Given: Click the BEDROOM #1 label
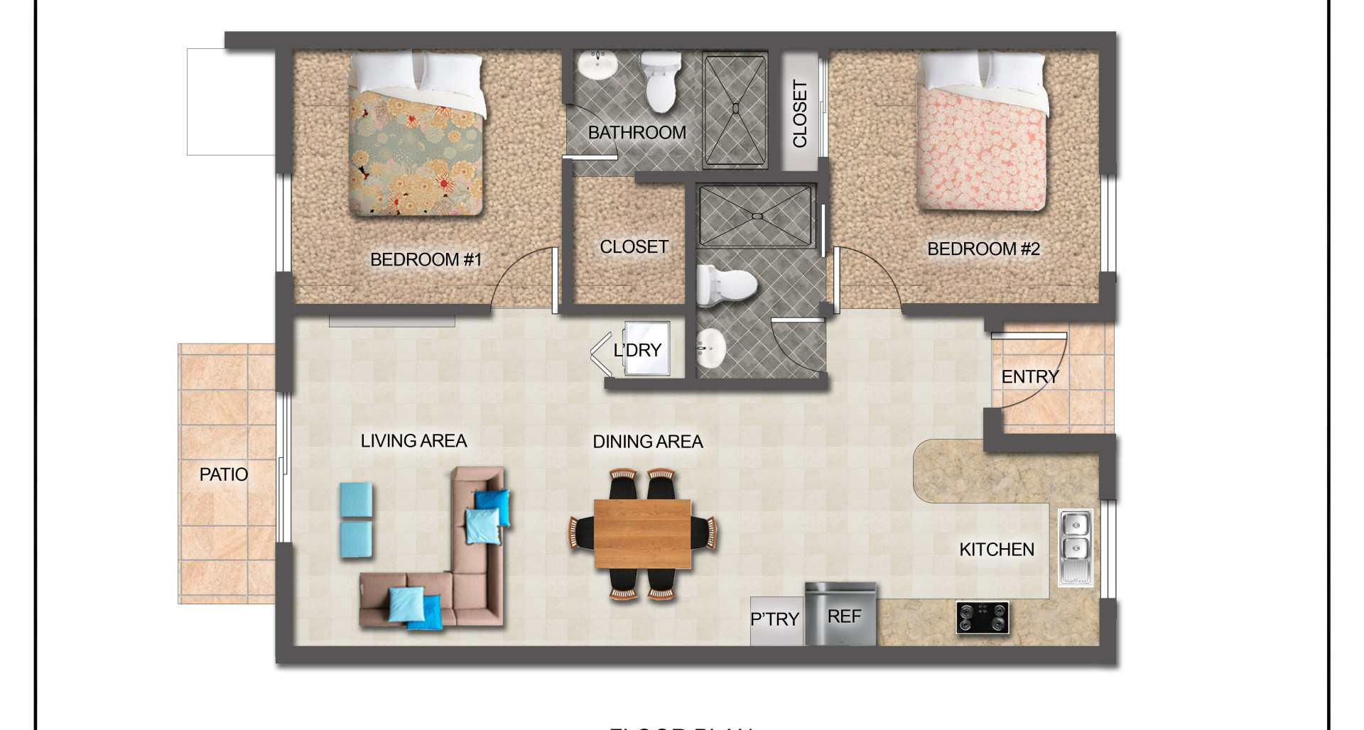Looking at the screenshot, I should (x=426, y=260).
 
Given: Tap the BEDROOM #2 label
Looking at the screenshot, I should (x=983, y=249).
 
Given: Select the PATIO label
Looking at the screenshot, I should (x=224, y=474).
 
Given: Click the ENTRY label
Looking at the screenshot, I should (x=1029, y=377).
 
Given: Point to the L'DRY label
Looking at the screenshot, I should (x=637, y=350).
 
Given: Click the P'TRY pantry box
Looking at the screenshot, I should (x=775, y=620).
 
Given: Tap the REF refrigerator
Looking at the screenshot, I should (x=842, y=615).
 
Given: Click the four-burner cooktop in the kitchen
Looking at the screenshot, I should (x=983, y=617).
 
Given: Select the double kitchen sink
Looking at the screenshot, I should (x=1075, y=547).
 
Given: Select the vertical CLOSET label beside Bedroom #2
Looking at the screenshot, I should (x=800, y=114).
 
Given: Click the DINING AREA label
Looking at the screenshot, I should (x=647, y=442).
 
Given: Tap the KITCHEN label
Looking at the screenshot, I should (x=996, y=550).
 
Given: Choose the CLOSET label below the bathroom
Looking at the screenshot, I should (x=634, y=247).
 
